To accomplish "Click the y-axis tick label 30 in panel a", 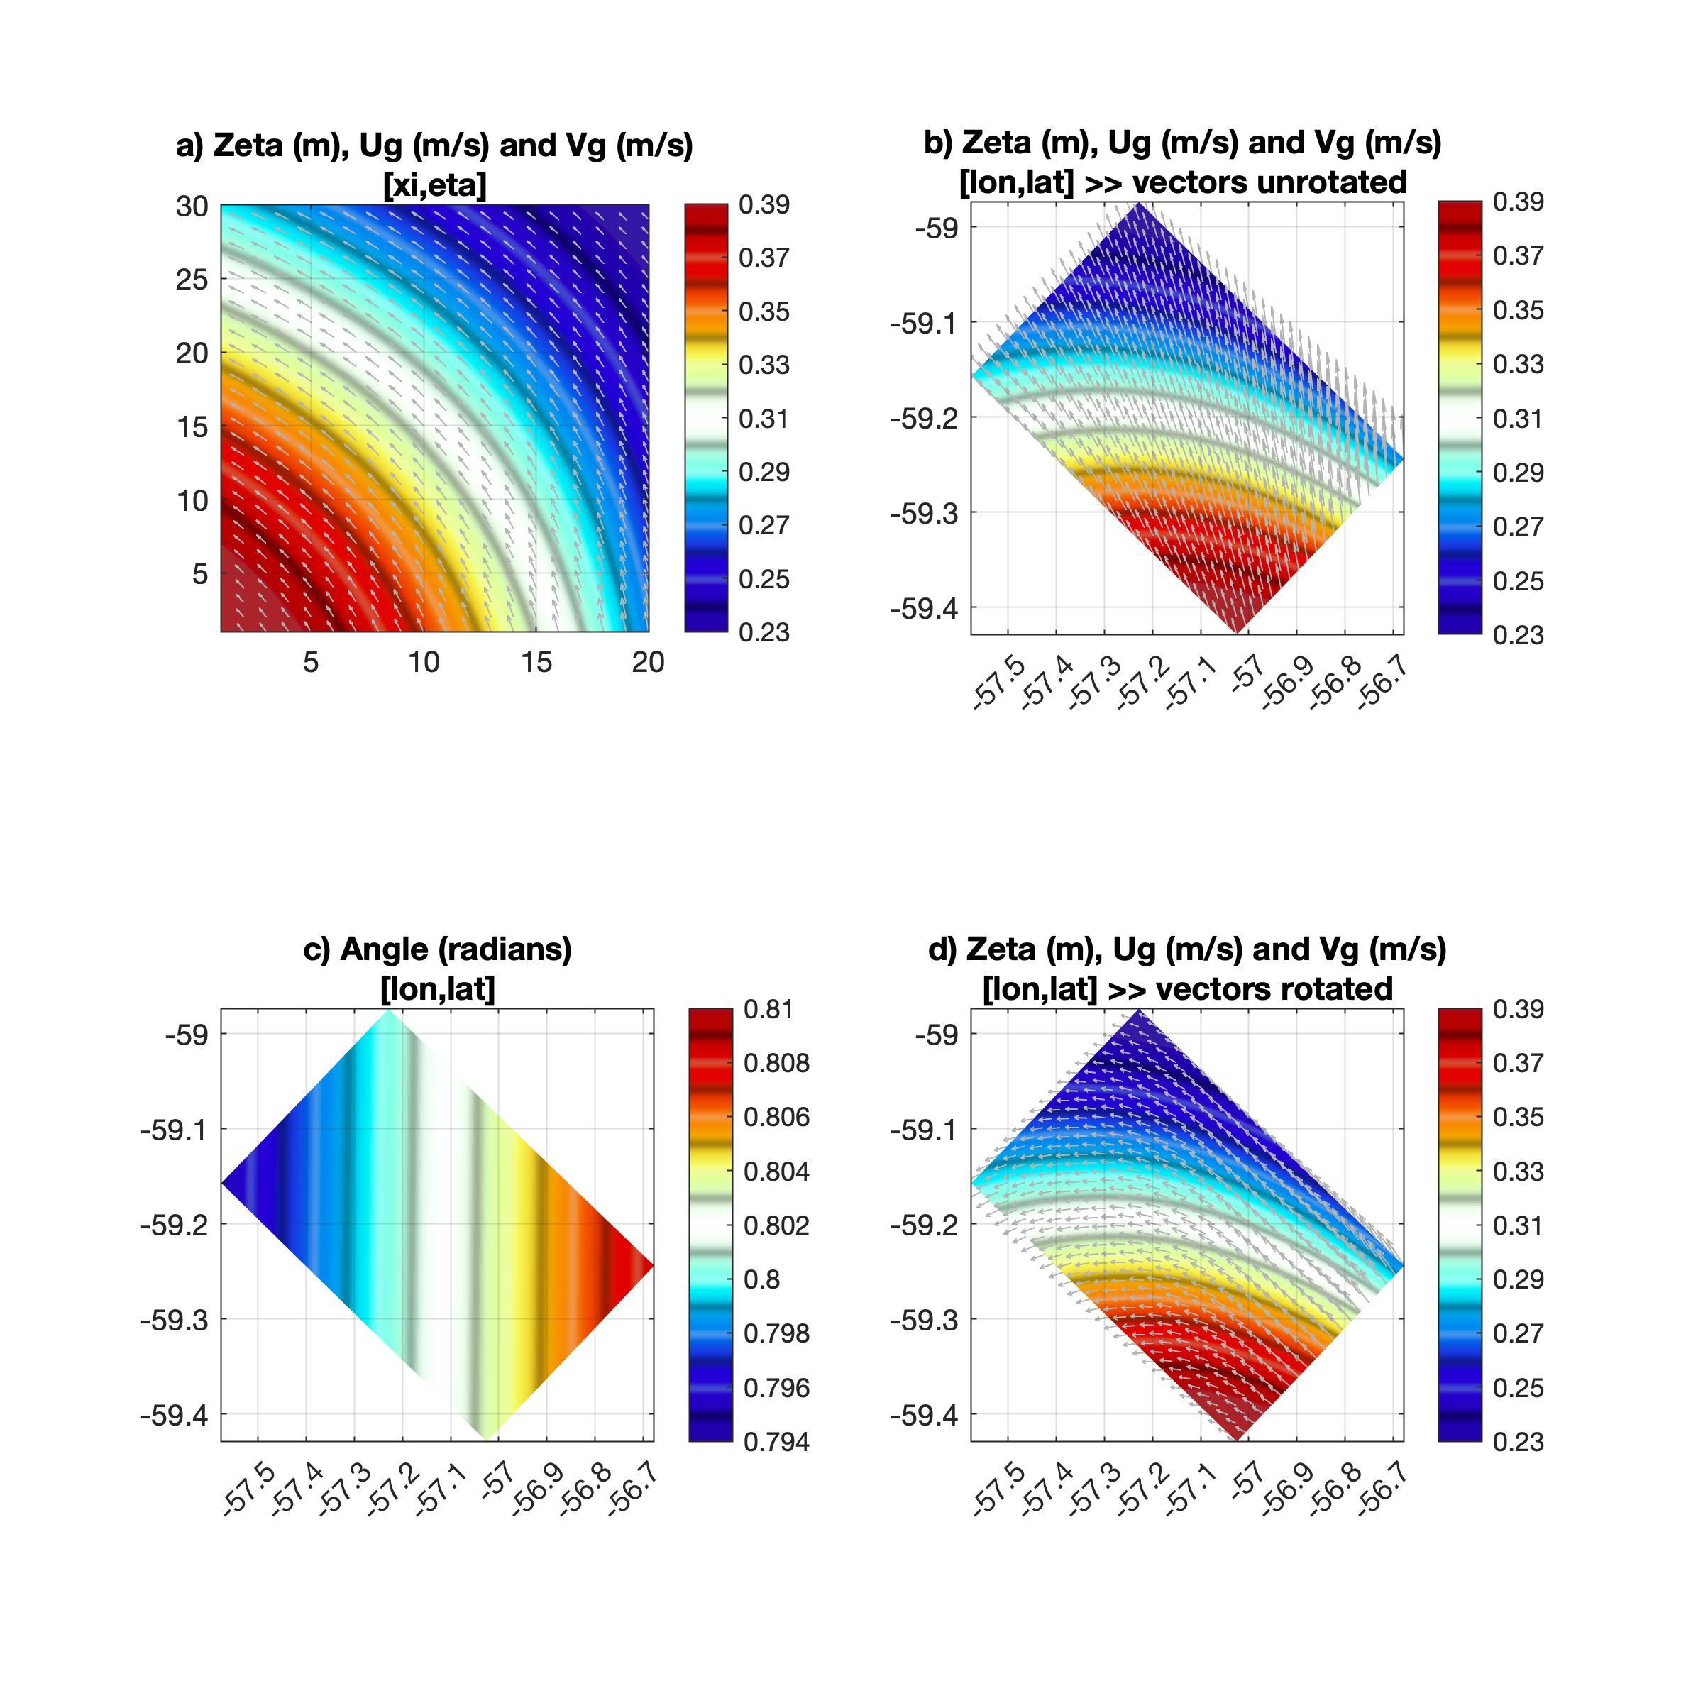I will click(192, 207).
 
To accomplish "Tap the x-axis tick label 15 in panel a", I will click(536, 662).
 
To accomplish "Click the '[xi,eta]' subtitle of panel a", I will click(434, 185).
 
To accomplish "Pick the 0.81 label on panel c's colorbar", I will click(767, 1009).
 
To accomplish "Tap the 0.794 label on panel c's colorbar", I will click(776, 1441).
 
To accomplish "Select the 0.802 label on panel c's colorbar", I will click(776, 1225).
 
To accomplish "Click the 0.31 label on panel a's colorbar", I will click(764, 419).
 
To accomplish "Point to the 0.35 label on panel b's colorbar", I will click(1518, 310).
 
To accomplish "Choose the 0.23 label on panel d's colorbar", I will click(1518, 1441).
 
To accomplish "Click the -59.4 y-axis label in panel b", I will click(924, 608).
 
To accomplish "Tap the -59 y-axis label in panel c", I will click(186, 1034).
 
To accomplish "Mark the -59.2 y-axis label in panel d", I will click(924, 1224).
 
